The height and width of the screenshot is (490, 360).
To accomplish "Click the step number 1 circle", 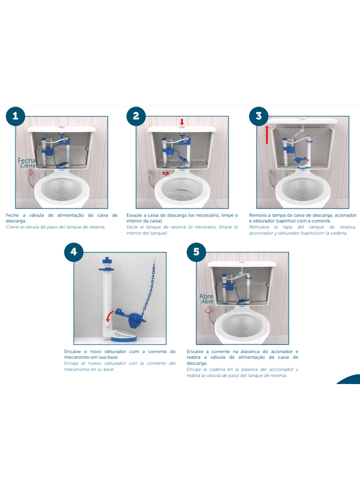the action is click(15, 116).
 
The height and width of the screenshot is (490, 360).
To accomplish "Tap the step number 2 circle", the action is click(136, 116).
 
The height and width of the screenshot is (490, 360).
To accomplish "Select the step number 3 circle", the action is click(259, 116).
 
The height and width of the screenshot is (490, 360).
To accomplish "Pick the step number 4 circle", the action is click(74, 252).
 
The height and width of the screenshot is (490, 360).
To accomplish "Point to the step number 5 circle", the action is click(196, 252).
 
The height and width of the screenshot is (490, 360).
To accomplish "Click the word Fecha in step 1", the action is click(27, 160).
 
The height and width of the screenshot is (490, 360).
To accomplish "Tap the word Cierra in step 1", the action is click(28, 165).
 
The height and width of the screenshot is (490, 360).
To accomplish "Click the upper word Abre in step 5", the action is click(206, 296).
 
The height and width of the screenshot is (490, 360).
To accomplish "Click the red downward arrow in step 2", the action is click(182, 122).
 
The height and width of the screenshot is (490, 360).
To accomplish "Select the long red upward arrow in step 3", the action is click(267, 135).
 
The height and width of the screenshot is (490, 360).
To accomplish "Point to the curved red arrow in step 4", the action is click(109, 316).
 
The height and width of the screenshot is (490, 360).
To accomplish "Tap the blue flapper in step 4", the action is click(131, 317).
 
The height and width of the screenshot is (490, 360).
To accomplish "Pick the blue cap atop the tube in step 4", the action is click(107, 261).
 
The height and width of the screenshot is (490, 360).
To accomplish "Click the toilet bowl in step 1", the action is click(62, 189).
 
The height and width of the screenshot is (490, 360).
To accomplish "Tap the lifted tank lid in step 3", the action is click(302, 121).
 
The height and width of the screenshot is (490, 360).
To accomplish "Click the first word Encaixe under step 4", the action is click(72, 352).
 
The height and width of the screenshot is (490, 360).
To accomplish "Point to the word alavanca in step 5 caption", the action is click(252, 352).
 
